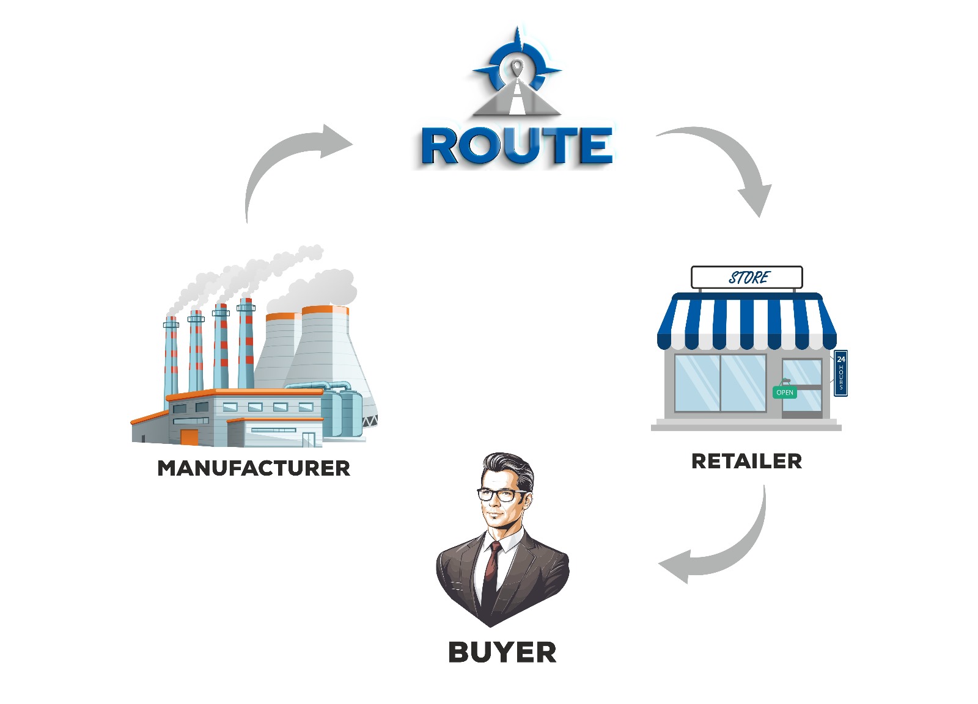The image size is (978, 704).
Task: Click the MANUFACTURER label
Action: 254,468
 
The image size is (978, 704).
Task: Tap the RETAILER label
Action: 746,461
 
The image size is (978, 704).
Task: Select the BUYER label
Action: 502,652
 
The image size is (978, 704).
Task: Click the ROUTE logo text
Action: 517,146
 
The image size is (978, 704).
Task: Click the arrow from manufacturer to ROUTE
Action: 287,159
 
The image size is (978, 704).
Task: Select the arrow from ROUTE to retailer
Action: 727,159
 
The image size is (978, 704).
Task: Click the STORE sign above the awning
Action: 746,278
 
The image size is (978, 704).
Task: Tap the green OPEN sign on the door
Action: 785,392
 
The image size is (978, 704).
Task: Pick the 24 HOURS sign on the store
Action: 840,373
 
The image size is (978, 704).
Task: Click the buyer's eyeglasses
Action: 501,495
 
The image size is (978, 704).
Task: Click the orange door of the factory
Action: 189,436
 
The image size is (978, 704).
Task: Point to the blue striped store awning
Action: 746,321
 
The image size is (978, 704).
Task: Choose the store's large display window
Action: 720,383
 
